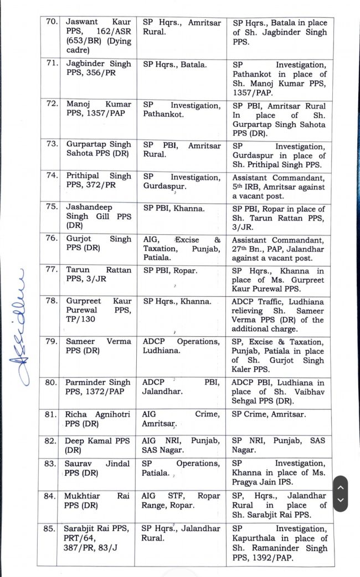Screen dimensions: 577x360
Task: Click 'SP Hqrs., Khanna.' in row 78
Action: click(x=177, y=301)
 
